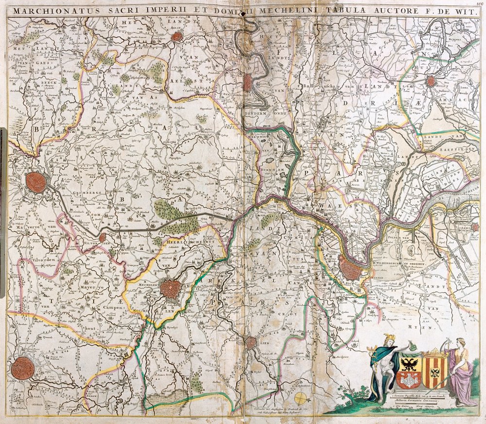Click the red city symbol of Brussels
(36, 181)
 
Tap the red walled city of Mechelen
(171, 289)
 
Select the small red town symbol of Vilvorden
(103, 237)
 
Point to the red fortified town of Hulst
(431, 81)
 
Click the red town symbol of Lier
(251, 342)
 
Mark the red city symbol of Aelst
(177, 36)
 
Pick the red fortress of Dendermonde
(248, 83)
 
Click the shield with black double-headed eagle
(409, 370)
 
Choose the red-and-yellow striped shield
(434, 371)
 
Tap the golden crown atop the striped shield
(434, 352)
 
